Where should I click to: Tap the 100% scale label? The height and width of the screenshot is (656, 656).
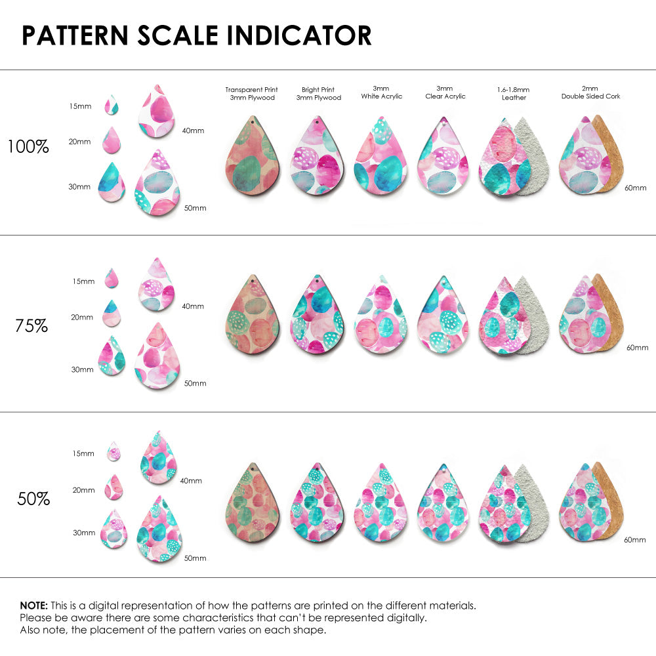pyautogui.click(x=28, y=147)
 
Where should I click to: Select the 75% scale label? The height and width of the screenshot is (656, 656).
pyautogui.click(x=31, y=325)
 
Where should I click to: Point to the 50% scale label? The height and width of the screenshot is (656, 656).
pyautogui.click(x=33, y=499)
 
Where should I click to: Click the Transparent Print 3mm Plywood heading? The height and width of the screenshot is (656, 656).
pyautogui.click(x=251, y=93)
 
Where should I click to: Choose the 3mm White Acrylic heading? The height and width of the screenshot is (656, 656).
pyautogui.click(x=381, y=92)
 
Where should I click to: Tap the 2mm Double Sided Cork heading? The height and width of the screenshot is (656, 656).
pyautogui.click(x=590, y=92)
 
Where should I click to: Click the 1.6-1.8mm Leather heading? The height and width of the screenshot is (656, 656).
pyautogui.click(x=514, y=93)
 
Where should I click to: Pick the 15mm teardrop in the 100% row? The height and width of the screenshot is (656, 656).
pyautogui.click(x=112, y=105)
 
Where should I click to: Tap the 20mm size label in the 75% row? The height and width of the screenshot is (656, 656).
pyautogui.click(x=82, y=317)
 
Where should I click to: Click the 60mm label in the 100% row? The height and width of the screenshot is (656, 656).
pyautogui.click(x=634, y=188)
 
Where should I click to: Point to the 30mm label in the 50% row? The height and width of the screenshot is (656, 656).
pyautogui.click(x=84, y=533)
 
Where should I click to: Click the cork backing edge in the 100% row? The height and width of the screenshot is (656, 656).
pyautogui.click(x=612, y=154)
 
